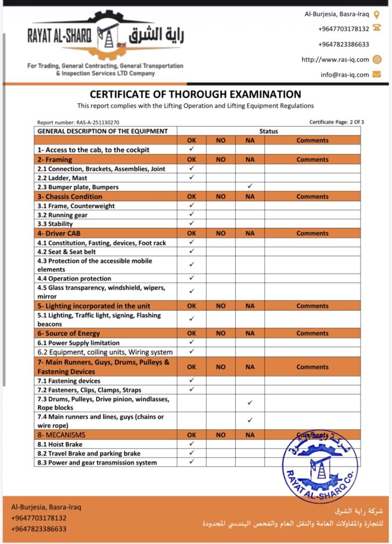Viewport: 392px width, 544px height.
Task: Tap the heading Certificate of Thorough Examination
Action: [195, 95]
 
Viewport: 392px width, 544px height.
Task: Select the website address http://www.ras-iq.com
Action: [335, 59]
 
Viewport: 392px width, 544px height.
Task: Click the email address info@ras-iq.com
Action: [345, 74]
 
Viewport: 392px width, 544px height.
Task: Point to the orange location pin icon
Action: [377, 14]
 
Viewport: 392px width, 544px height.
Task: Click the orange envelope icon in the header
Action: [377, 74]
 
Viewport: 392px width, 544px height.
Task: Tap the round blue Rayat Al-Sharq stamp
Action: [320, 466]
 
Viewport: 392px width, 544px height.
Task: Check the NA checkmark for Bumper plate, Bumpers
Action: [250, 186]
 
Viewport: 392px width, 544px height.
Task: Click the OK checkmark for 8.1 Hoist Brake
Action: [192, 444]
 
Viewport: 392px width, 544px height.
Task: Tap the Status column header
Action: [268, 131]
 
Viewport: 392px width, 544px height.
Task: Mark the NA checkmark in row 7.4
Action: [250, 420]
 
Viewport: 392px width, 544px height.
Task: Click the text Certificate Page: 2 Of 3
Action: [337, 122]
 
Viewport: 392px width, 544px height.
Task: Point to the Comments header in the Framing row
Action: [312, 159]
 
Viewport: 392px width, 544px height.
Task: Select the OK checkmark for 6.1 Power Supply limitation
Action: [192, 342]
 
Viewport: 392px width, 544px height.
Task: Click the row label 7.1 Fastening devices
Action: [69, 381]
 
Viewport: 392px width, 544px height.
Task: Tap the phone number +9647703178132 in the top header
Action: [344, 29]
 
